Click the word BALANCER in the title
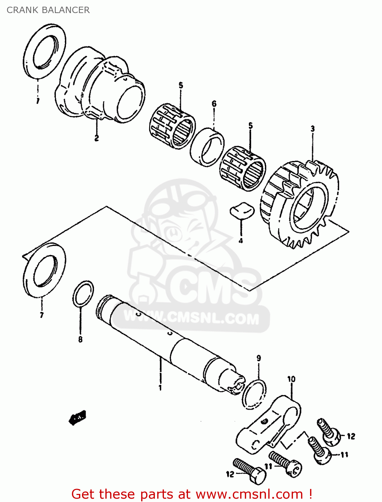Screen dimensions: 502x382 coord(66,10)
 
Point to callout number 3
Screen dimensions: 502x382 coord(312,129)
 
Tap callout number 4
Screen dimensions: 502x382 coord(241,241)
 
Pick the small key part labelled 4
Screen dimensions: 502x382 coord(242,211)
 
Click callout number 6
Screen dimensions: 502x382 coord(214,104)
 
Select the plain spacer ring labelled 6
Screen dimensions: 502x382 coord(207,147)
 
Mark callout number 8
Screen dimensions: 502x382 coord(80,339)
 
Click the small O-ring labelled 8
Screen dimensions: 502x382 coord(83,294)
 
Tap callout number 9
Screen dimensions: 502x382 coord(259,358)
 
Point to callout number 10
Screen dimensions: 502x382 coord(291,379)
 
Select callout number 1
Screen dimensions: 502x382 coord(160,388)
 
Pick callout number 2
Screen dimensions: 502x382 coord(96,138)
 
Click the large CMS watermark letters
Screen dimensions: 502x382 coord(214,288)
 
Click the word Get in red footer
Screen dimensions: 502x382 coord(84,494)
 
